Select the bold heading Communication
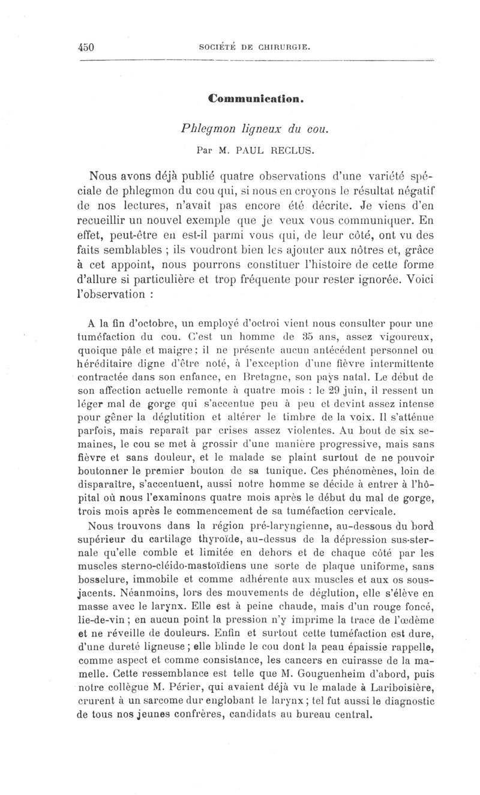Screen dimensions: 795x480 point(250,98)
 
